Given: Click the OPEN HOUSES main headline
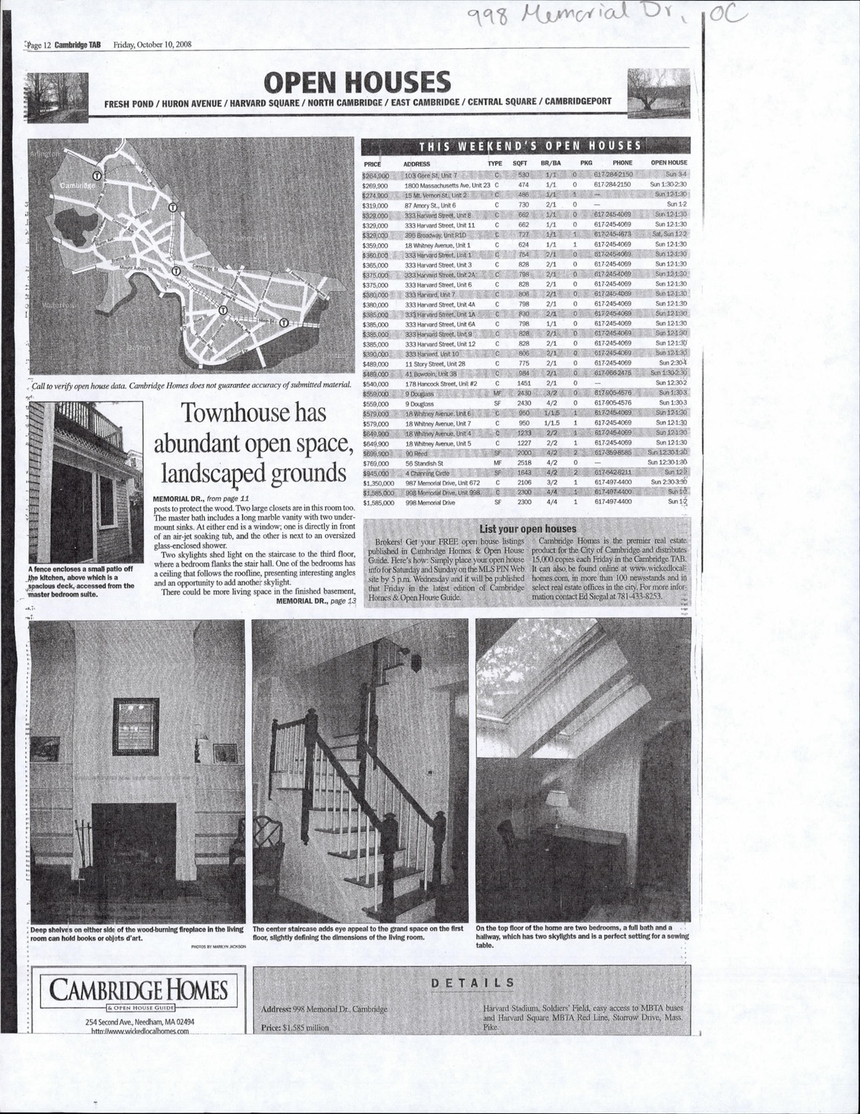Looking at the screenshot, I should (x=357, y=82).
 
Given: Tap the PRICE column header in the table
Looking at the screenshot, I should (x=372, y=163).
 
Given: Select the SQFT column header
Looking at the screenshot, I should (x=520, y=163).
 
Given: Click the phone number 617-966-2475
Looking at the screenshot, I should (x=613, y=373).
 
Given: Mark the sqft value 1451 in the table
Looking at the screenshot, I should (x=524, y=382).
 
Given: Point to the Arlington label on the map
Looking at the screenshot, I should (x=43, y=153).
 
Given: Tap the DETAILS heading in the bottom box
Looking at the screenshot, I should (x=472, y=983).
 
